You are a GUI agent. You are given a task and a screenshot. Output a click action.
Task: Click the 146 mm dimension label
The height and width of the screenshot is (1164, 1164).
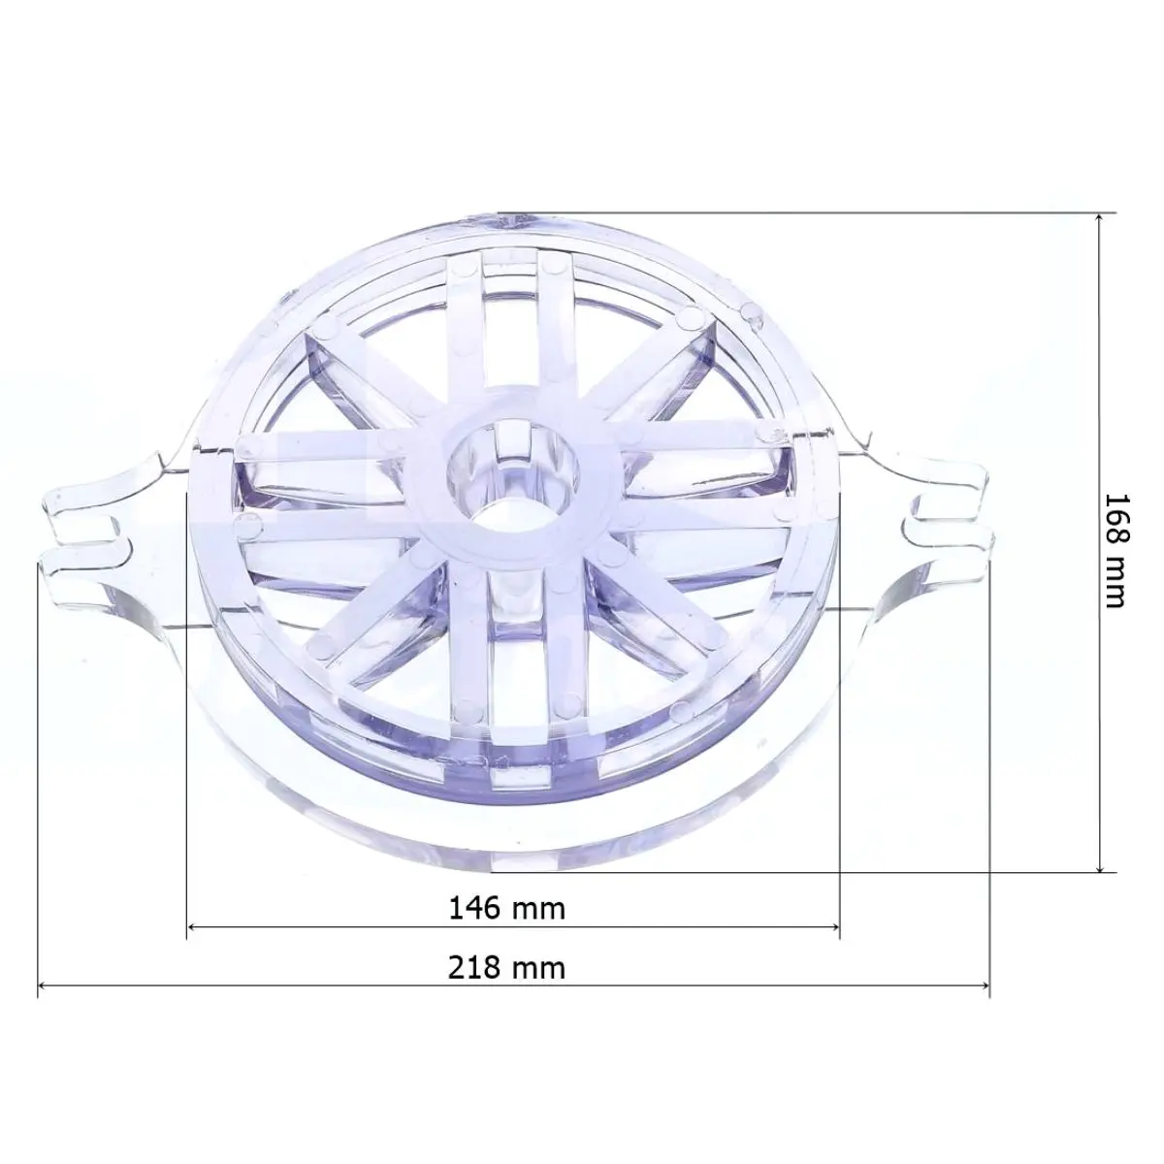pos(507,908)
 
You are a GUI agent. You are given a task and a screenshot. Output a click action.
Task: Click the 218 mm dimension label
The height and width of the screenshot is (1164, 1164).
pos(507,968)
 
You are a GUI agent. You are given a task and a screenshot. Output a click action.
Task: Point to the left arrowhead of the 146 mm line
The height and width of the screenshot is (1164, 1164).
pos(193,926)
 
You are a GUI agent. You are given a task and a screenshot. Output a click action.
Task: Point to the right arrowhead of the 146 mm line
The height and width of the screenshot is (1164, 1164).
pos(834,926)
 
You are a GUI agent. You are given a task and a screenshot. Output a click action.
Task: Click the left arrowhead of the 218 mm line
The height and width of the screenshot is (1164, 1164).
pos(45,986)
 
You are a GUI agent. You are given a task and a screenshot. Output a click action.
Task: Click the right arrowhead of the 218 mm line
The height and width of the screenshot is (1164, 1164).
pos(984,986)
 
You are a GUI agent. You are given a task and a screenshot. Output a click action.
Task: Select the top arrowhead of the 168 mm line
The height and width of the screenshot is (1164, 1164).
pos(1099,218)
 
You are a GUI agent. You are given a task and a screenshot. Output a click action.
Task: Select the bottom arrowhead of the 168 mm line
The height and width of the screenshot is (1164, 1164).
pos(1099,865)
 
